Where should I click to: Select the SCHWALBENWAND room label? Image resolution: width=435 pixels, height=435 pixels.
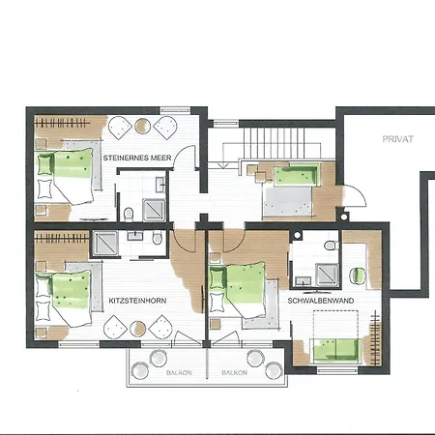318,302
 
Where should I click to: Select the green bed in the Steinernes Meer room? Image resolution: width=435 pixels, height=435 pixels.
65,171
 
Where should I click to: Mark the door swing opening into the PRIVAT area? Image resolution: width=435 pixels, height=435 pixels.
357,197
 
